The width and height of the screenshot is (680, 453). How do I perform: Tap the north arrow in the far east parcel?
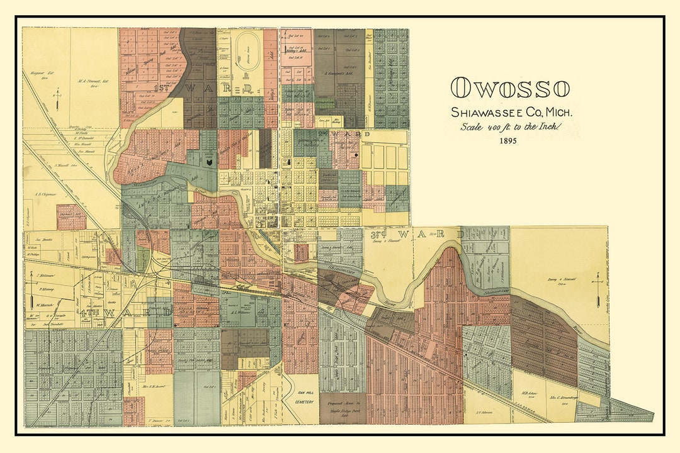click(596, 288)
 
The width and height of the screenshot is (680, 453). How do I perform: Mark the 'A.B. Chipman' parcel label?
click(45, 194)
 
